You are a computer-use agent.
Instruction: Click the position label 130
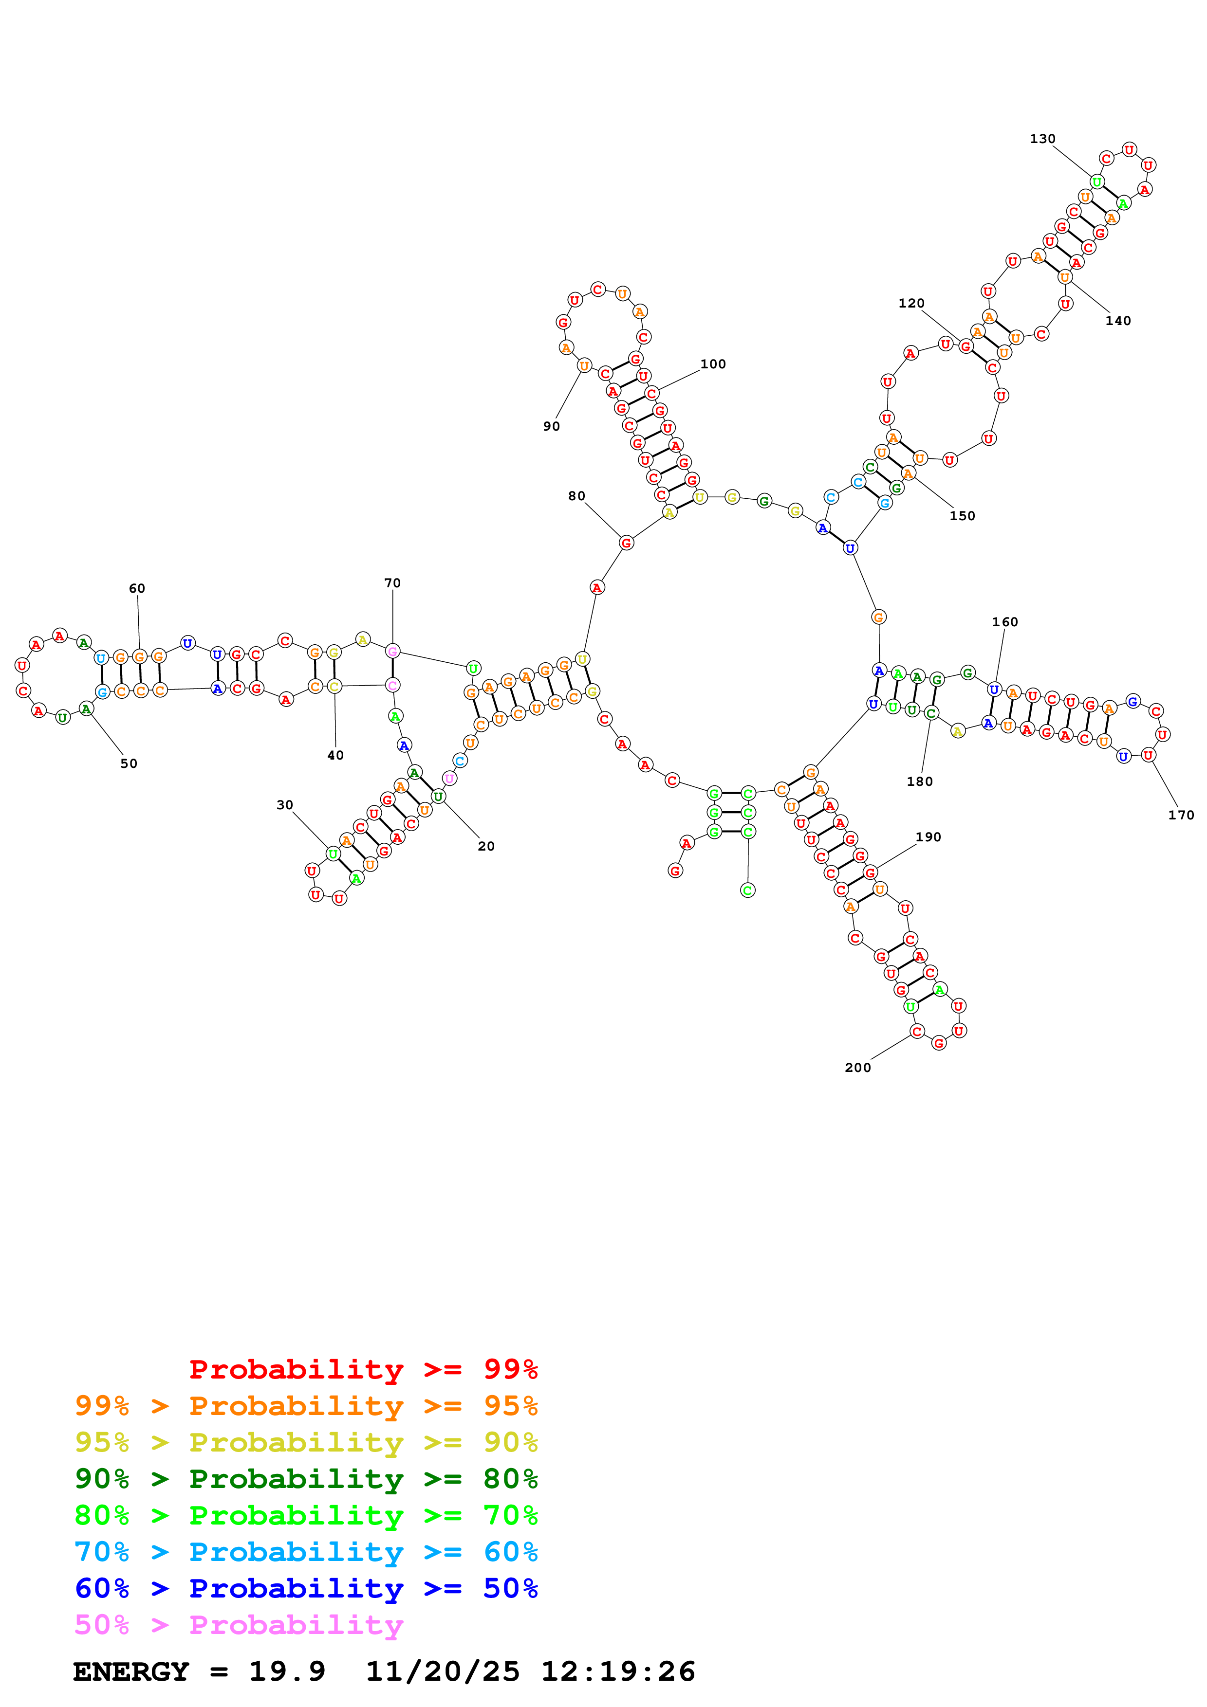pos(1042,139)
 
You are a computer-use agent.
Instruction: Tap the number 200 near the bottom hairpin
pos(857,1068)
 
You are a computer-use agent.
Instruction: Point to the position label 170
pos(1180,815)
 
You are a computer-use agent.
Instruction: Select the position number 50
pos(129,763)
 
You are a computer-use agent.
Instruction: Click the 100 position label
pos(712,364)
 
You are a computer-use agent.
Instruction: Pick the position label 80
pos(576,496)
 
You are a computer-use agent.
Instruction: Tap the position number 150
pos(962,516)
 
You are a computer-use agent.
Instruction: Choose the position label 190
pos(928,837)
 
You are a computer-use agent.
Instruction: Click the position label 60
pos(137,589)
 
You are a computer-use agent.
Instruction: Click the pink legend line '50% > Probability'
pos(238,1625)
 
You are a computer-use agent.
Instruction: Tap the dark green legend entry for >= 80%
pos(306,1479)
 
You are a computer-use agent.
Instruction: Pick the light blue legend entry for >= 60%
pos(306,1552)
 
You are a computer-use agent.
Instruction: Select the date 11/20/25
pos(443,1671)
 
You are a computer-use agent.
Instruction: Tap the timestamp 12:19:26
pos(617,1671)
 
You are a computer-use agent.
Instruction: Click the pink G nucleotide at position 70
pos(392,651)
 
